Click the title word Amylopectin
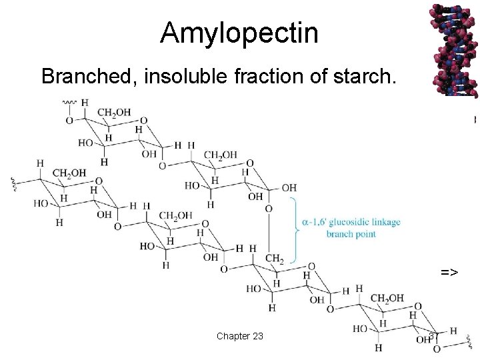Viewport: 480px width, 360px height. [x=239, y=32]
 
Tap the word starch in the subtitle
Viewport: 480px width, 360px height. [x=367, y=77]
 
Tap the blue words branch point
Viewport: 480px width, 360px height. [x=351, y=234]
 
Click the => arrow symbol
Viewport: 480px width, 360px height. [x=449, y=272]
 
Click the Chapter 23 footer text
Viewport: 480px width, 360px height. [x=239, y=335]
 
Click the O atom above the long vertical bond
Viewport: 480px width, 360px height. [x=269, y=209]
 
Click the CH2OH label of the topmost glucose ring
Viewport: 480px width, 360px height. [x=114, y=112]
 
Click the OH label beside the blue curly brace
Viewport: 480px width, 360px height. [x=289, y=188]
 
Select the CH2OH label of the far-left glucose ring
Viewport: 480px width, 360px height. [x=69, y=173]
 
